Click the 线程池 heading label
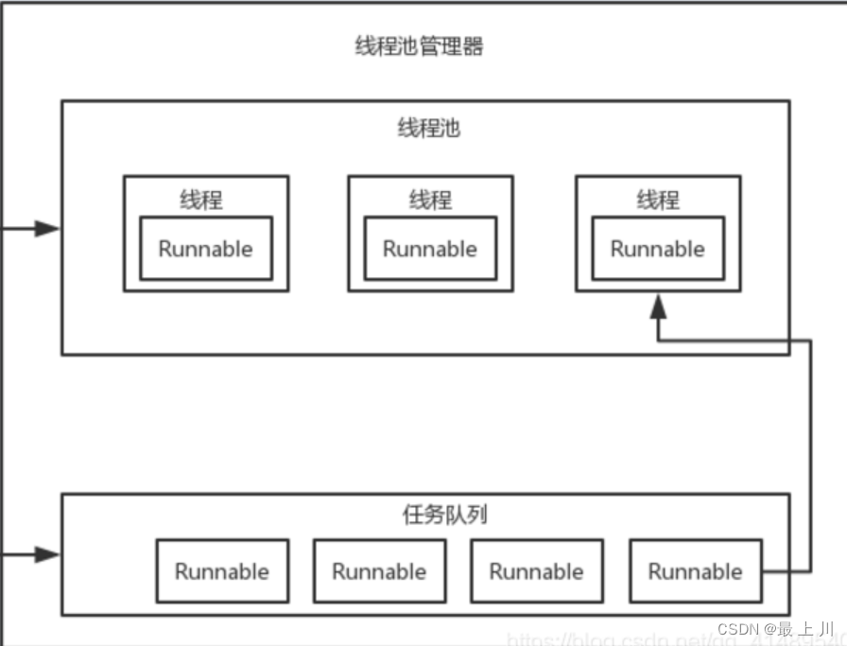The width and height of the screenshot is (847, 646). point(428,129)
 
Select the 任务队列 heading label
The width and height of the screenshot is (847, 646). point(444,515)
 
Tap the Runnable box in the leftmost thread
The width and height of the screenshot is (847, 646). point(206,249)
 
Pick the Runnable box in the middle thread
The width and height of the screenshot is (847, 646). point(430,249)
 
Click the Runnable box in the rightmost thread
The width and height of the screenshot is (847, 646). point(658,249)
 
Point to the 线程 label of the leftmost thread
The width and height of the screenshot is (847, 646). point(201,201)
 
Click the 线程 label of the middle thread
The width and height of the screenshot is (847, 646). point(430,201)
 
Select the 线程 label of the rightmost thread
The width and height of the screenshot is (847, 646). point(658,201)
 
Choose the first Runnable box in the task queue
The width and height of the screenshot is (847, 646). point(222,571)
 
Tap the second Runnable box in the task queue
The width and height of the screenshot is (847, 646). point(379,571)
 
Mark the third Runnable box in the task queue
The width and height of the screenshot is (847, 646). point(536,571)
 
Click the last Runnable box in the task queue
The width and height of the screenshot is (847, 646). point(695,571)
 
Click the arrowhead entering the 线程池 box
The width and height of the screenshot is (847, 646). point(48,228)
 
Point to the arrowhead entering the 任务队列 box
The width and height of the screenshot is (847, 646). point(48,554)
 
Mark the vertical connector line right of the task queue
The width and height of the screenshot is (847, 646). point(810,454)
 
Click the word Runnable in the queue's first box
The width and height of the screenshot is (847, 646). point(222,571)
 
